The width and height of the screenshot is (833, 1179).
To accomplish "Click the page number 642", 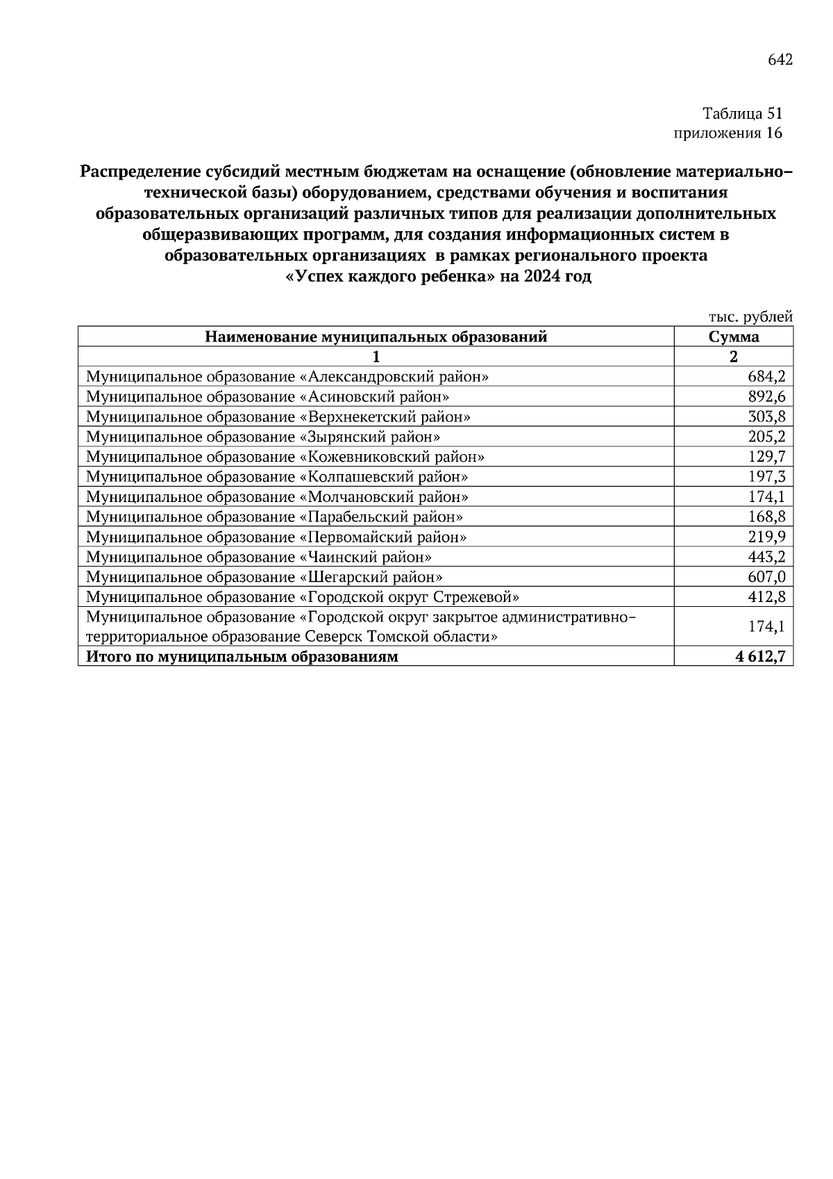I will [780, 60].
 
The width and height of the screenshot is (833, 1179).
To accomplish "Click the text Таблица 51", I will [742, 113].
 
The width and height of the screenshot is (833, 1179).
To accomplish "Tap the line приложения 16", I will [727, 133].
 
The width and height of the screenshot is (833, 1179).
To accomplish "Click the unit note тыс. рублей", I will [750, 317].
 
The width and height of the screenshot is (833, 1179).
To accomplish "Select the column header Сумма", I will [733, 337].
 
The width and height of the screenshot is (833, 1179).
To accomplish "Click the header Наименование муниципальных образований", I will [376, 337].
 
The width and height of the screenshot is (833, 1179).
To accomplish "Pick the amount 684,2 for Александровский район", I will [766, 377].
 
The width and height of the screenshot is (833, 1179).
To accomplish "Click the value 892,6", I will [766, 397].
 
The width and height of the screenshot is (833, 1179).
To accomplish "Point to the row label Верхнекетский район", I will [278, 417].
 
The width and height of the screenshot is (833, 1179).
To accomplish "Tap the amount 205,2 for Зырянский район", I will [766, 437].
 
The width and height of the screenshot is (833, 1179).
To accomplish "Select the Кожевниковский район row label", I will [285, 457].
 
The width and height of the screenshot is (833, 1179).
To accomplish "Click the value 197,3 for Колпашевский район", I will [766, 477].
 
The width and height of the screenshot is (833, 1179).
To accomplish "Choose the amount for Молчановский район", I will [766, 497].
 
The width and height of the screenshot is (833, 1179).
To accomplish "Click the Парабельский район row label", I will [274, 517].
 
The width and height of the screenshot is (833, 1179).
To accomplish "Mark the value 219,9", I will [766, 537].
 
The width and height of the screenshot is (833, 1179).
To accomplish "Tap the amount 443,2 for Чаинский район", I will [766, 558].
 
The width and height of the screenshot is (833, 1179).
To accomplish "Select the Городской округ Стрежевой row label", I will [303, 597].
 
